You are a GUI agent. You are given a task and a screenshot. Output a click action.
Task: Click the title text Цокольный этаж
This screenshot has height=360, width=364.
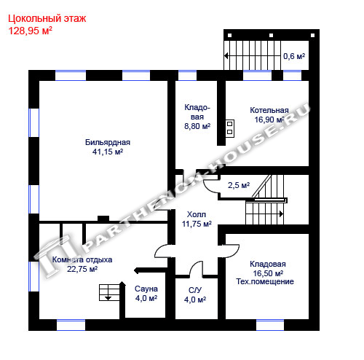47,19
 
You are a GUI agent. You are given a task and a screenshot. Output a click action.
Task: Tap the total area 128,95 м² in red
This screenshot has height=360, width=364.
31,31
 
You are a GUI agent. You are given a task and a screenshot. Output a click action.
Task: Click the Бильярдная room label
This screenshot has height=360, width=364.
108,142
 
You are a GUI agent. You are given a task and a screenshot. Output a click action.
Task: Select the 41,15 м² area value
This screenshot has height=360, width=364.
108,152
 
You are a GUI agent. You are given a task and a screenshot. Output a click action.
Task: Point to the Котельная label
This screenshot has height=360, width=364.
269,110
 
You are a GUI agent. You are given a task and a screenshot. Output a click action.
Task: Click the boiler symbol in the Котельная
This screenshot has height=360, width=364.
229,128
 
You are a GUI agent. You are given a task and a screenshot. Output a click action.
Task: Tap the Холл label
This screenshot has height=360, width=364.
197,214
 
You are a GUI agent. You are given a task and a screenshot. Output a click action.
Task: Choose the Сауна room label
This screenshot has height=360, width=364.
146,289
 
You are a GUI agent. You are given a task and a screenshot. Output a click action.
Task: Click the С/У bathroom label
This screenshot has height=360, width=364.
195,290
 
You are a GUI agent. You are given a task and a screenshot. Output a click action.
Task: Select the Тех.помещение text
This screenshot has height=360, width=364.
265,281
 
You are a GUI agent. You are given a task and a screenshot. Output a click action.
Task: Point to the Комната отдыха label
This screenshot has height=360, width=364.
82,259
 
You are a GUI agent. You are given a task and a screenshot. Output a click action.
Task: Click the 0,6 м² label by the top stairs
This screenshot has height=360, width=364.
294,56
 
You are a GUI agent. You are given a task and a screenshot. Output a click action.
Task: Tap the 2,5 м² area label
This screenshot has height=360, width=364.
239,185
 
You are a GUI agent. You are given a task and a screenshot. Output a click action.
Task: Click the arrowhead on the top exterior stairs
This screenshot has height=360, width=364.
226,56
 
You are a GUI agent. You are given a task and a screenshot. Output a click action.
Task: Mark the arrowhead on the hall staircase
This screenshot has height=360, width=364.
281,214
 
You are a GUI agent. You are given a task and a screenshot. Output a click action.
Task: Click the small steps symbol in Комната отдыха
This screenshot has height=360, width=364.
109,293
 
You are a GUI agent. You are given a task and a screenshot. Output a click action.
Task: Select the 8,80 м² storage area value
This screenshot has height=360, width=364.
197,126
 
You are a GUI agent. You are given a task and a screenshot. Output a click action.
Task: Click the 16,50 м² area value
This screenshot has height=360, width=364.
268,273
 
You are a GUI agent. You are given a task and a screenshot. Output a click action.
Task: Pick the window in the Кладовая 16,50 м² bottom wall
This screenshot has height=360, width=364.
270,325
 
